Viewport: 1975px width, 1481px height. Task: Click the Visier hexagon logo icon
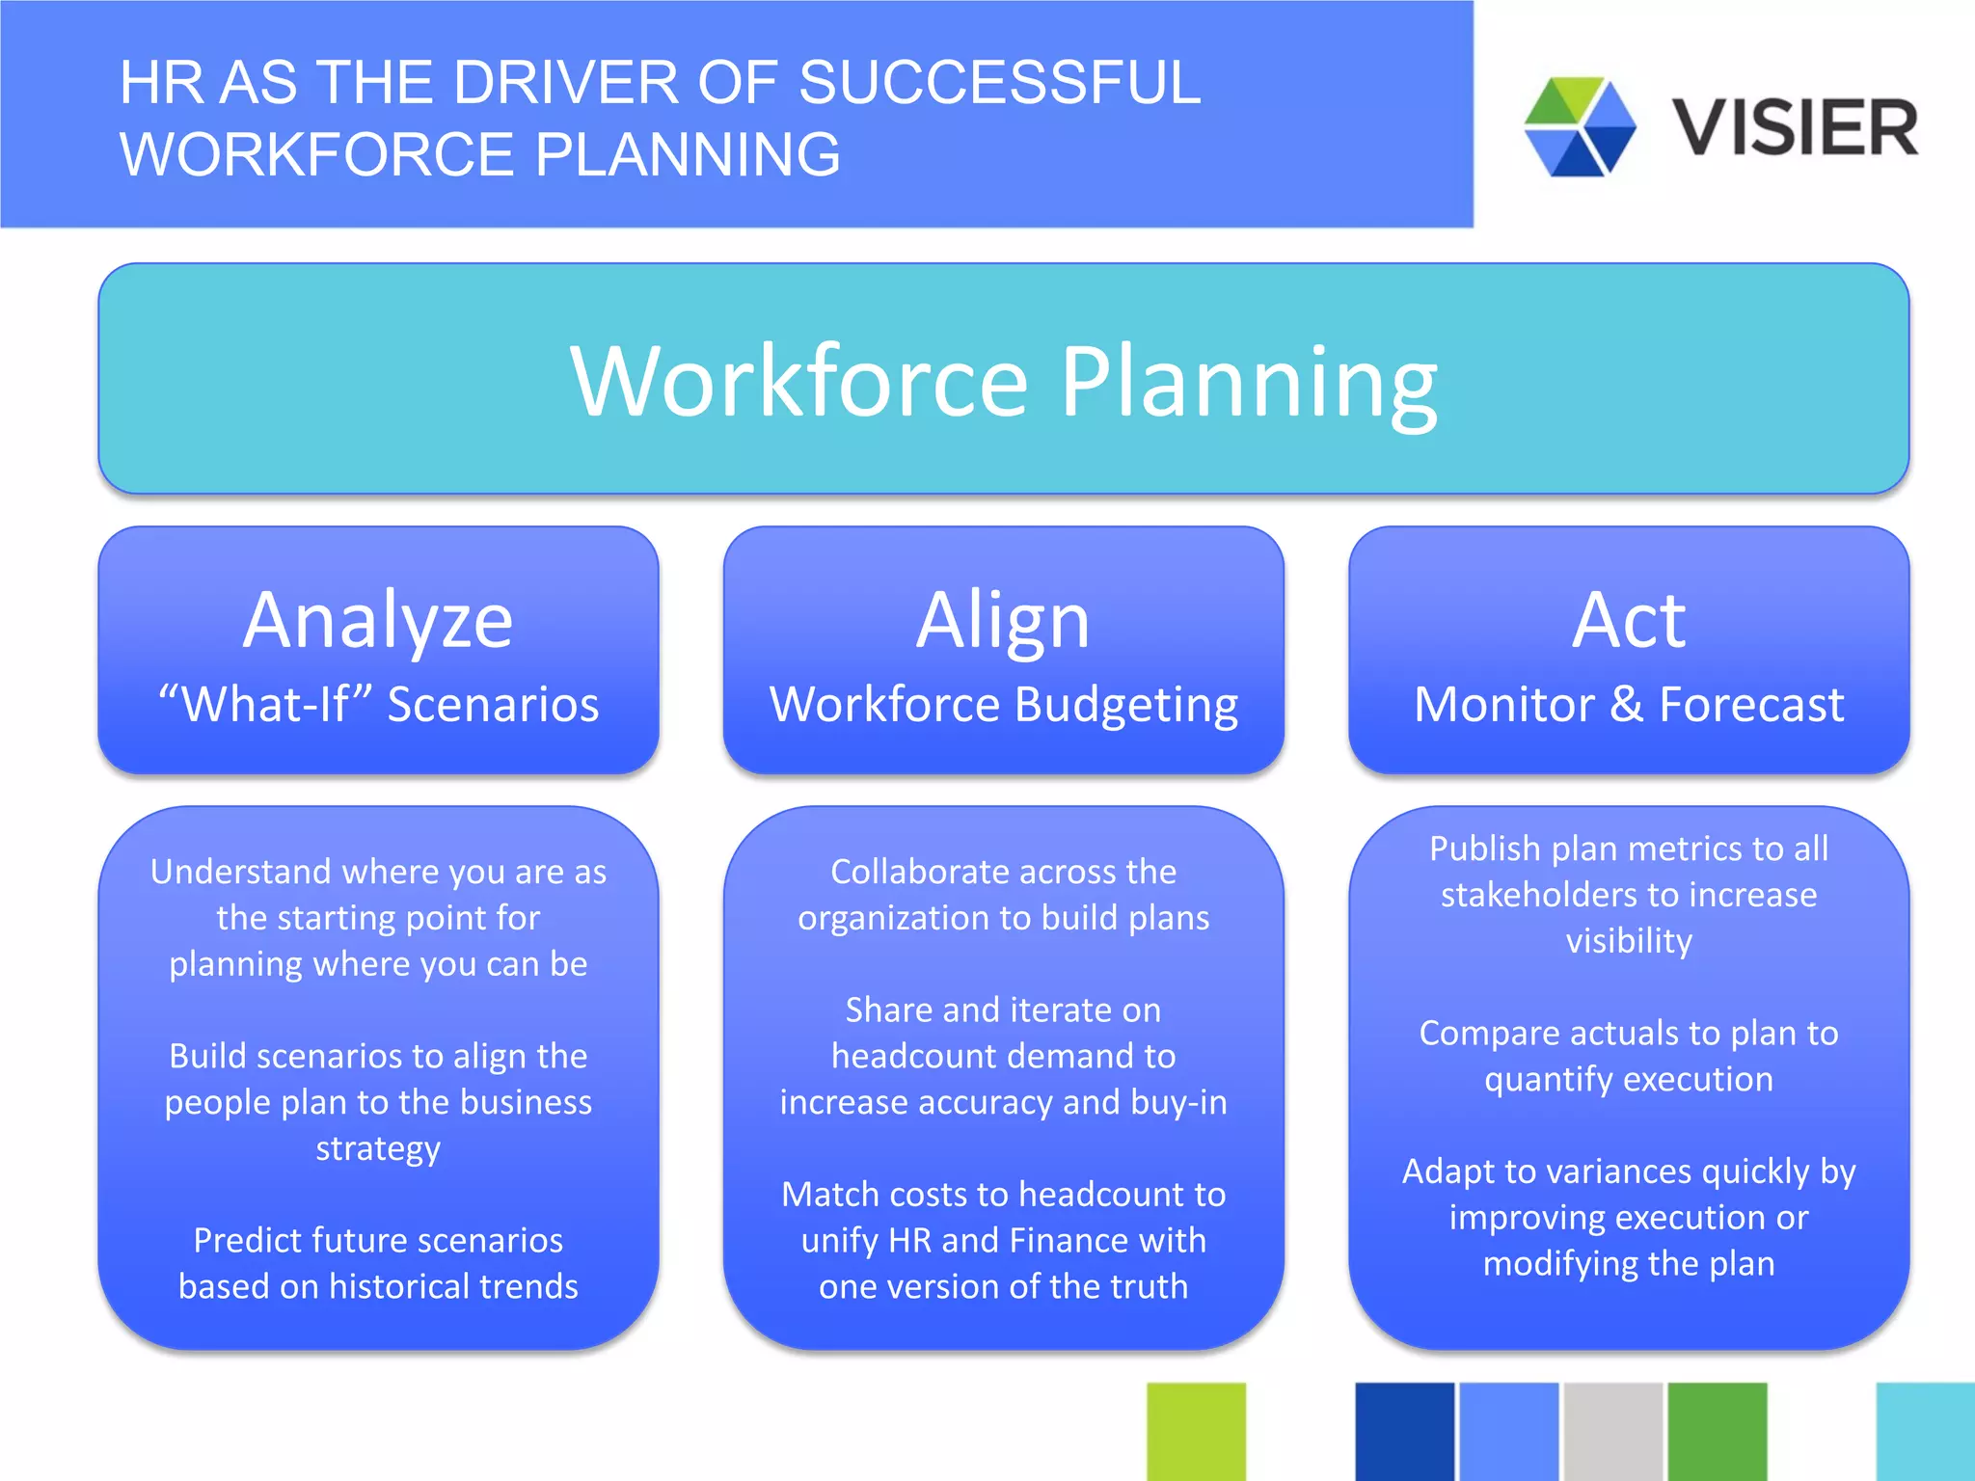click(1580, 126)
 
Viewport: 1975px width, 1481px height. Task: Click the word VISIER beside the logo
click(1795, 128)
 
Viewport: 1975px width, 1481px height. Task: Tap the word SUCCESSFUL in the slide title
click(999, 83)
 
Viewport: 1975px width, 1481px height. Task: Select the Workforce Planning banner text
click(1003, 382)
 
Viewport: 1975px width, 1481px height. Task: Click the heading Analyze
click(378, 620)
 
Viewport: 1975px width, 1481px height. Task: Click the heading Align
click(1003, 620)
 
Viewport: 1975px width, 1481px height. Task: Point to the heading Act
click(1628, 620)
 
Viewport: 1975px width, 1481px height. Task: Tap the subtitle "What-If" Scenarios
click(378, 704)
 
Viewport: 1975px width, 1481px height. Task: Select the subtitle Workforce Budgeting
click(1003, 704)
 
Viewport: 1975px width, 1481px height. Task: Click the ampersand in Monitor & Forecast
click(1626, 704)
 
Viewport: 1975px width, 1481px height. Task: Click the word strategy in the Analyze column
click(378, 1148)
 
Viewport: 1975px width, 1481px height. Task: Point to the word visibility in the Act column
click(1628, 941)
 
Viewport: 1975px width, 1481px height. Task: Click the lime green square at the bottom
click(1196, 1431)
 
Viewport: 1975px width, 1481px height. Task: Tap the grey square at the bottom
click(1612, 1431)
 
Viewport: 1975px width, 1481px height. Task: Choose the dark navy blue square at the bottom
click(1404, 1431)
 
